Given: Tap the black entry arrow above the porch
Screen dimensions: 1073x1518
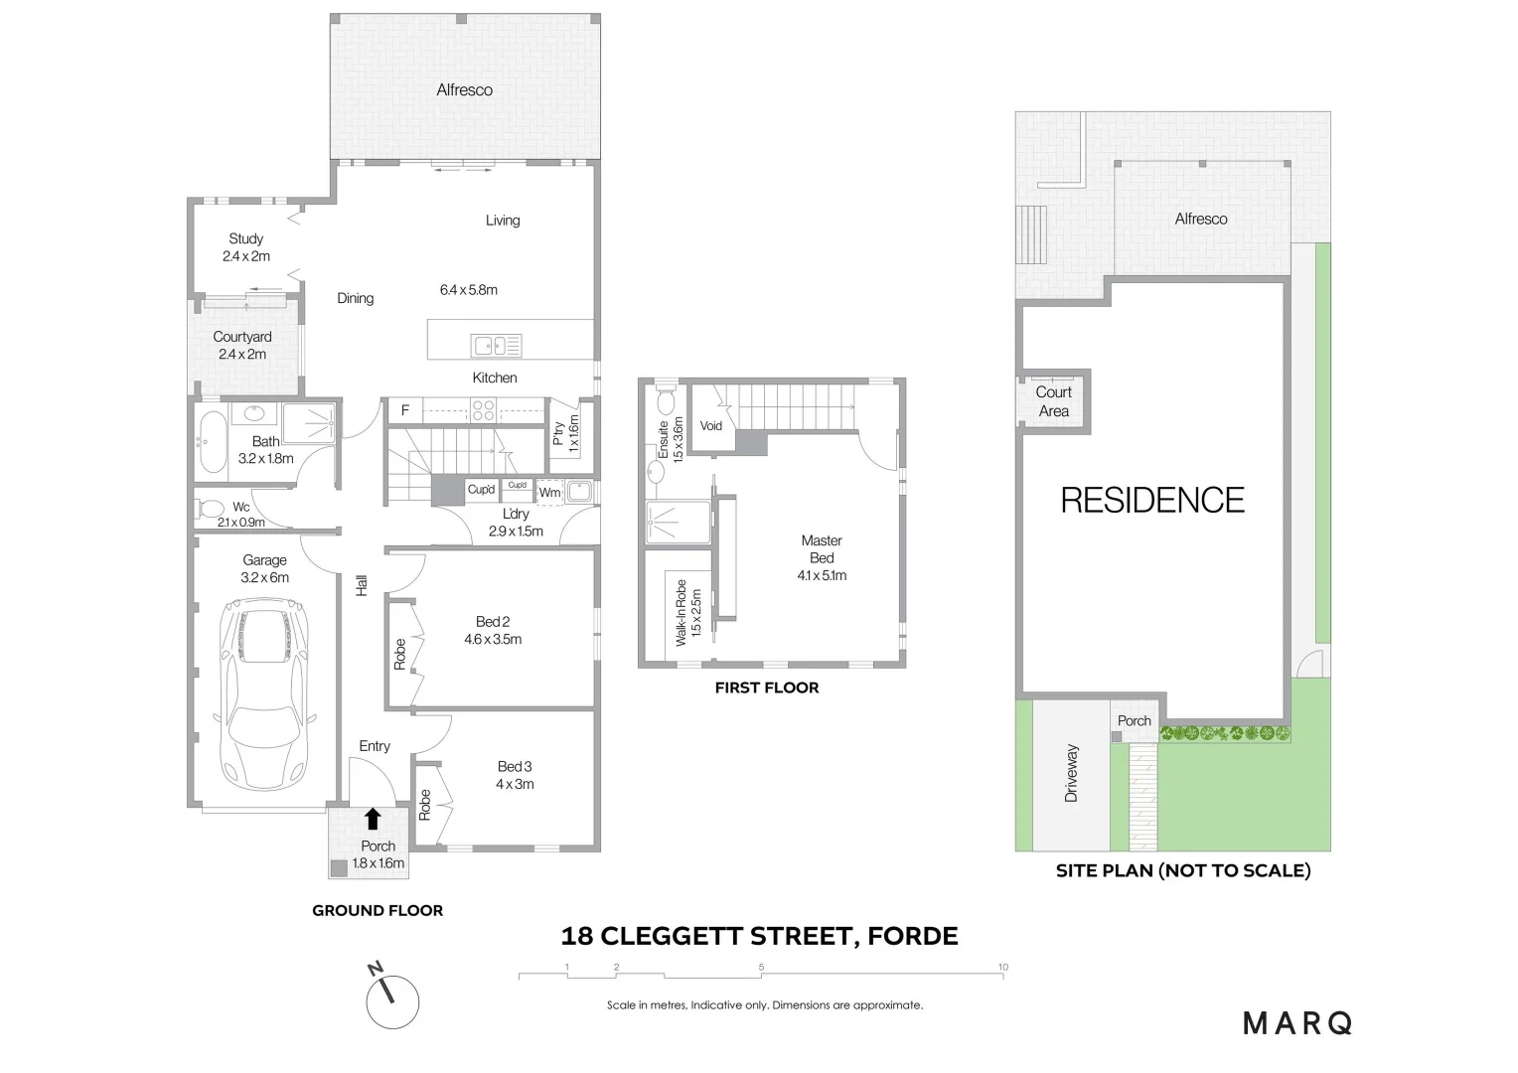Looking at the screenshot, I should click(373, 819).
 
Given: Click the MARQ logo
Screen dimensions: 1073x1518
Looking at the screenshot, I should click(1297, 1022).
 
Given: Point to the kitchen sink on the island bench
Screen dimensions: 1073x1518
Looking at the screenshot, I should click(496, 346).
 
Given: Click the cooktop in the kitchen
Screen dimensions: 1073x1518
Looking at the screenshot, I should click(483, 409).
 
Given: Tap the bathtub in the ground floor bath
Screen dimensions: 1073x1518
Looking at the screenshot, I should click(211, 441).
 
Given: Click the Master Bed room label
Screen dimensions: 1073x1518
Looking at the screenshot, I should click(822, 549).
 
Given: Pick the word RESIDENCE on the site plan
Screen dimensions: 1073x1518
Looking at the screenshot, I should click(1152, 500).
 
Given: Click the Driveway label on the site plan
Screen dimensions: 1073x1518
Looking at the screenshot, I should click(1071, 773).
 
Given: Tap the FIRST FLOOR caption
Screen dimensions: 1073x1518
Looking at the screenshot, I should click(767, 688).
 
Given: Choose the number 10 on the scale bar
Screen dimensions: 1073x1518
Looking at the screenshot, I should click(1003, 967).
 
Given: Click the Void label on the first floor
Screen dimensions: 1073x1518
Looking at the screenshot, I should click(711, 426).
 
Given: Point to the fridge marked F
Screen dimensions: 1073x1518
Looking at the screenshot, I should click(405, 409).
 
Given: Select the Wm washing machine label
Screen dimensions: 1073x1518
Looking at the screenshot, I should click(549, 493).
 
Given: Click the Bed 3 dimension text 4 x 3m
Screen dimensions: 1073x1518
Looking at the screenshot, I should click(515, 784).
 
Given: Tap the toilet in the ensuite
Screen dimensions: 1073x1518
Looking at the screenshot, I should click(665, 401).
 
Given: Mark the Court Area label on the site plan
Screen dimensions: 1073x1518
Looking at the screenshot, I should click(1054, 401).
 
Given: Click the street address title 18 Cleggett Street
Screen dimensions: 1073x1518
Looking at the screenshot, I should click(759, 936).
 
